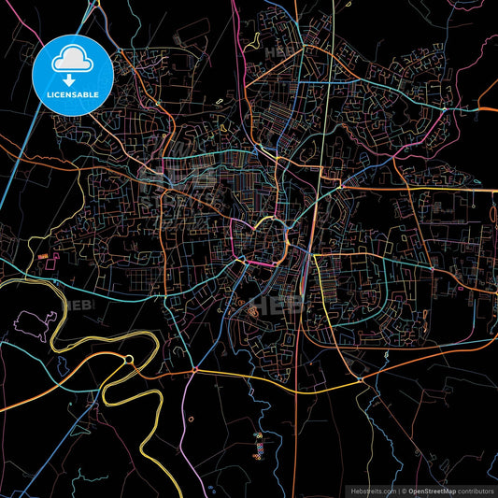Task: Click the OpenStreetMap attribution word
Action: pos(429,490)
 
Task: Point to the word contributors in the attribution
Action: pos(474,490)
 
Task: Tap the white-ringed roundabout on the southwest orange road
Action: pos(130,359)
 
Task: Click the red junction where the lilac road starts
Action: pos(191,371)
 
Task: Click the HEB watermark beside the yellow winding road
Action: pos(79,306)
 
